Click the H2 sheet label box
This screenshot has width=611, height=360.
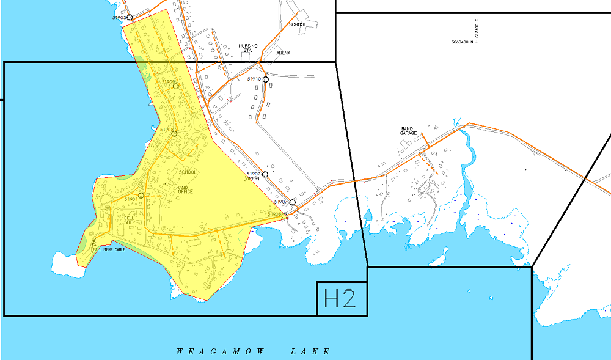[342, 298]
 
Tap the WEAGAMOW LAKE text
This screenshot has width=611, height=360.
[254, 351]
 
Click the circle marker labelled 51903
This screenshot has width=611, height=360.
[130, 17]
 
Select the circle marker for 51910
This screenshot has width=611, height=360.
[266, 79]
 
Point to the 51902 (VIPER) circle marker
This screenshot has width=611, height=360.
[265, 174]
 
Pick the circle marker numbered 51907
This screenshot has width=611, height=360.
[293, 202]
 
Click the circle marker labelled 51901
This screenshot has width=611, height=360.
[141, 196]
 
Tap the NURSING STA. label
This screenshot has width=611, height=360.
[248, 48]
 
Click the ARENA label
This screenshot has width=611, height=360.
[284, 53]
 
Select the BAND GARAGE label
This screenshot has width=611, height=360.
[408, 131]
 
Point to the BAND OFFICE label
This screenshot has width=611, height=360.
[185, 189]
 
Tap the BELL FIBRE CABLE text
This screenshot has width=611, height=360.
[109, 249]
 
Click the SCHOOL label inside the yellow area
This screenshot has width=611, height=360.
[188, 172]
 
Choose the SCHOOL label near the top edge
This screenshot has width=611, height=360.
[298, 24]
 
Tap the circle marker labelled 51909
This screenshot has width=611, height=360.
[176, 86]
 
